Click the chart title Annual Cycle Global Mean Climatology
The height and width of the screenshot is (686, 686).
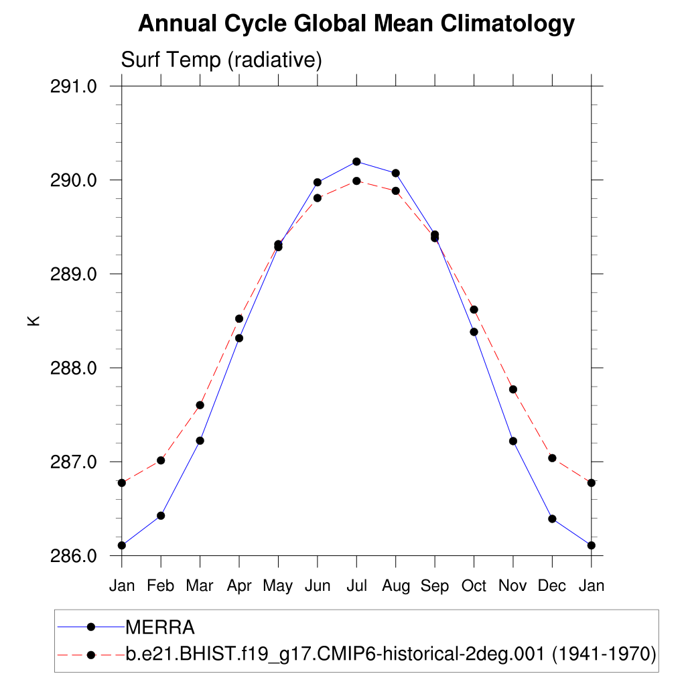(356, 24)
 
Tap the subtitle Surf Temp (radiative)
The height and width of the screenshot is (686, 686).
(221, 60)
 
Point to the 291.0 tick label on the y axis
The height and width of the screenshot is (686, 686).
(74, 86)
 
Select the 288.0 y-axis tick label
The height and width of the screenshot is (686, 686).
(74, 368)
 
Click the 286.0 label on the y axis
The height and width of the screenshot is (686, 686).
(74, 556)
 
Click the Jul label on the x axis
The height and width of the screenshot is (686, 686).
(356, 586)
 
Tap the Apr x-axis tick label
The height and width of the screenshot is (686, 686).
(239, 586)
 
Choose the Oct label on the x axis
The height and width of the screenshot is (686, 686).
(474, 586)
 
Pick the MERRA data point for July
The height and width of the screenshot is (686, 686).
(356, 161)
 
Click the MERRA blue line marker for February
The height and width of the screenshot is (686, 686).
(161, 515)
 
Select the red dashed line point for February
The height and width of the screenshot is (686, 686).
(161, 460)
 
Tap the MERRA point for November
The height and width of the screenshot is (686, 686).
(513, 441)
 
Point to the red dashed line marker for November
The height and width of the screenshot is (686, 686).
(513, 389)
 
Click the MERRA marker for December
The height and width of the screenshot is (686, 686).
(552, 519)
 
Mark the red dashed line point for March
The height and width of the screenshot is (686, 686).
(200, 405)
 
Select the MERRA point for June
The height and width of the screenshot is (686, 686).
(318, 182)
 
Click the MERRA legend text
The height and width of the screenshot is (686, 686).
(160, 628)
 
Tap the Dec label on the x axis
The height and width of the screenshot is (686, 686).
(552, 586)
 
